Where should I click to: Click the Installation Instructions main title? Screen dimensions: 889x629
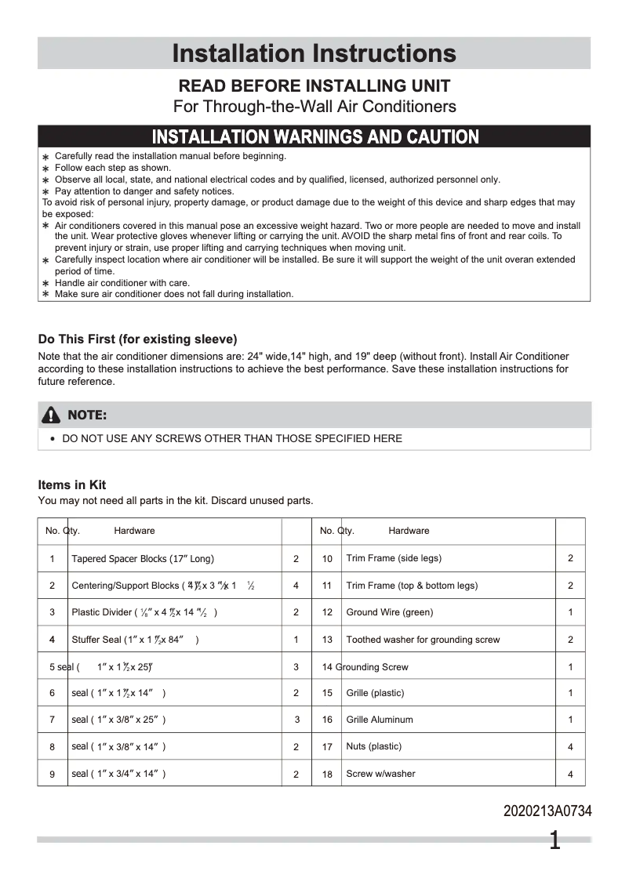(x=314, y=53)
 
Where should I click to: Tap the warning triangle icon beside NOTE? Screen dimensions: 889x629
(x=52, y=415)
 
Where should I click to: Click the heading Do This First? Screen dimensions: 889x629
(x=137, y=339)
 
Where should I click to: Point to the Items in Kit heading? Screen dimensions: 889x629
(x=72, y=484)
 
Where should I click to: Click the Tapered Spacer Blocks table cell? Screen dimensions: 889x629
(x=143, y=559)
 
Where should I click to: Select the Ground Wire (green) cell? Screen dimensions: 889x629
(x=389, y=612)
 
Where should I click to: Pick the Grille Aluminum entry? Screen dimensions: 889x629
(x=379, y=720)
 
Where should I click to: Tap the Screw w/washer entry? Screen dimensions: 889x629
(x=380, y=774)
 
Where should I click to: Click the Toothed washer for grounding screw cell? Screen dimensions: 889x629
(x=423, y=640)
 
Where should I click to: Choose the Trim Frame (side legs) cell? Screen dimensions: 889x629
(x=394, y=559)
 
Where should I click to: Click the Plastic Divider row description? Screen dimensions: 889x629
(x=144, y=612)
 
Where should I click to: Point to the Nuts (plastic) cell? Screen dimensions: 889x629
(x=373, y=746)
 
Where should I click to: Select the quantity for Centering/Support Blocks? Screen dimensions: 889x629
(x=296, y=586)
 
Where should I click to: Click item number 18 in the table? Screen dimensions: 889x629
(x=327, y=774)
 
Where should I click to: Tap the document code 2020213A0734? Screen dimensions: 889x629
(x=547, y=811)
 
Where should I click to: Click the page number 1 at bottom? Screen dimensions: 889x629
(x=554, y=841)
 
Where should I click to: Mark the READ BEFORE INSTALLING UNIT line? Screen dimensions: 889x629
(x=314, y=85)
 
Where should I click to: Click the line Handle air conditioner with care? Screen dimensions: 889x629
(x=122, y=283)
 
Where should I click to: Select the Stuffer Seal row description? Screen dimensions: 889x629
(x=135, y=640)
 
